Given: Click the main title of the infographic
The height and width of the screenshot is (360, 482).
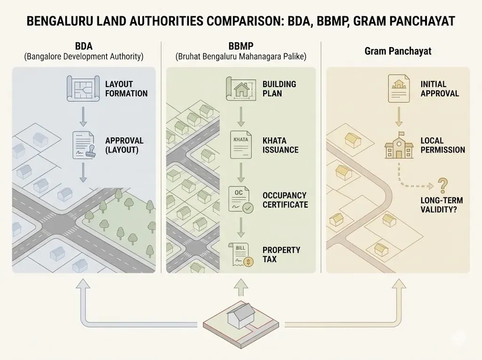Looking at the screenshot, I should [x=241, y=22].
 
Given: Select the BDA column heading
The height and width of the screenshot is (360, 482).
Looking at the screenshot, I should [x=84, y=46].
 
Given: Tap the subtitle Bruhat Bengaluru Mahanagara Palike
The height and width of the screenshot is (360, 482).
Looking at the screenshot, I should [x=241, y=57].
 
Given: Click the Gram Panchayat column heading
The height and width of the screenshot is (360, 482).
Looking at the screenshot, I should [x=398, y=51].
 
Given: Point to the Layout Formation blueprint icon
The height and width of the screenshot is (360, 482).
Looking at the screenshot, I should [x=83, y=88].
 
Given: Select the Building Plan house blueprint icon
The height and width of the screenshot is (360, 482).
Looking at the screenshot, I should [x=241, y=89].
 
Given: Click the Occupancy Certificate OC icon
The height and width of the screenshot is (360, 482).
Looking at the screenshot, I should [x=241, y=199].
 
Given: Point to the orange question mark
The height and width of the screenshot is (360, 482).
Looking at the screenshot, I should [x=442, y=185].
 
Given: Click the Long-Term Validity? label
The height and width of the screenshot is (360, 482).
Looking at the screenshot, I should [x=438, y=205].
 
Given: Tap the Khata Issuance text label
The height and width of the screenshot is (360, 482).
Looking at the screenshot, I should [x=281, y=145].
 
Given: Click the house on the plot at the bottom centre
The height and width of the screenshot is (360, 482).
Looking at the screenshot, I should [x=241, y=315].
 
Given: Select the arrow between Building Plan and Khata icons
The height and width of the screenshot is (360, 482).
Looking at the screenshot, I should [x=241, y=116].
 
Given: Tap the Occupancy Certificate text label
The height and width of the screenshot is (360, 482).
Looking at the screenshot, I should [x=285, y=200].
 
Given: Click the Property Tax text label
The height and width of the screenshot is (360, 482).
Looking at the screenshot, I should [x=281, y=255].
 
